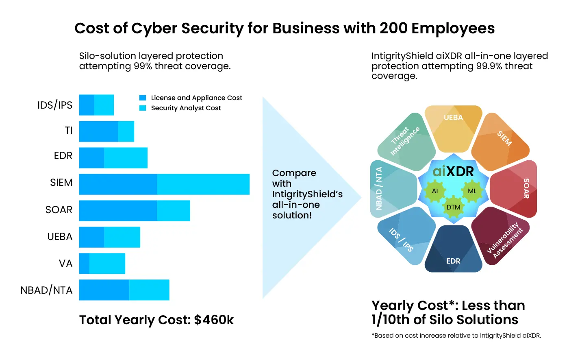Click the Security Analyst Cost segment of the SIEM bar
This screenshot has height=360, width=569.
(203, 184)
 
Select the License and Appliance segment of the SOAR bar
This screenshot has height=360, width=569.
(118, 211)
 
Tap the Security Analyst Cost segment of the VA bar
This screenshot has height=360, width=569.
(107, 264)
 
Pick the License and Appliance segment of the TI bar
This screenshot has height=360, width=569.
(98, 131)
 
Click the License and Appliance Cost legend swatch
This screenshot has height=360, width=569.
(143, 98)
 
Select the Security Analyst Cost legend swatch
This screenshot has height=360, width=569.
(143, 108)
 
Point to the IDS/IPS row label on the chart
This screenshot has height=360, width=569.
(55, 105)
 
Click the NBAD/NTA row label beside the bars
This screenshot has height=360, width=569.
(46, 290)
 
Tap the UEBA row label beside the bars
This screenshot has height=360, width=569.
(60, 236)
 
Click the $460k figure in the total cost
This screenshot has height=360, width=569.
(214, 320)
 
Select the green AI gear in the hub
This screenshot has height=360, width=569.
(434, 191)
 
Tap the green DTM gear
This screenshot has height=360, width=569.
(454, 207)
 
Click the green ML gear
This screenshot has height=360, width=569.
(472, 191)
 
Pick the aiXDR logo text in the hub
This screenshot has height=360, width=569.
(453, 171)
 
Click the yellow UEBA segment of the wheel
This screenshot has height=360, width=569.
(454, 129)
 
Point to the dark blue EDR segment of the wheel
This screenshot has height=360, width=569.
(454, 249)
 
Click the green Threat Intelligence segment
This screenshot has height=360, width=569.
(407, 142)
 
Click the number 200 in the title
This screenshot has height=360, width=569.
(393, 28)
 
